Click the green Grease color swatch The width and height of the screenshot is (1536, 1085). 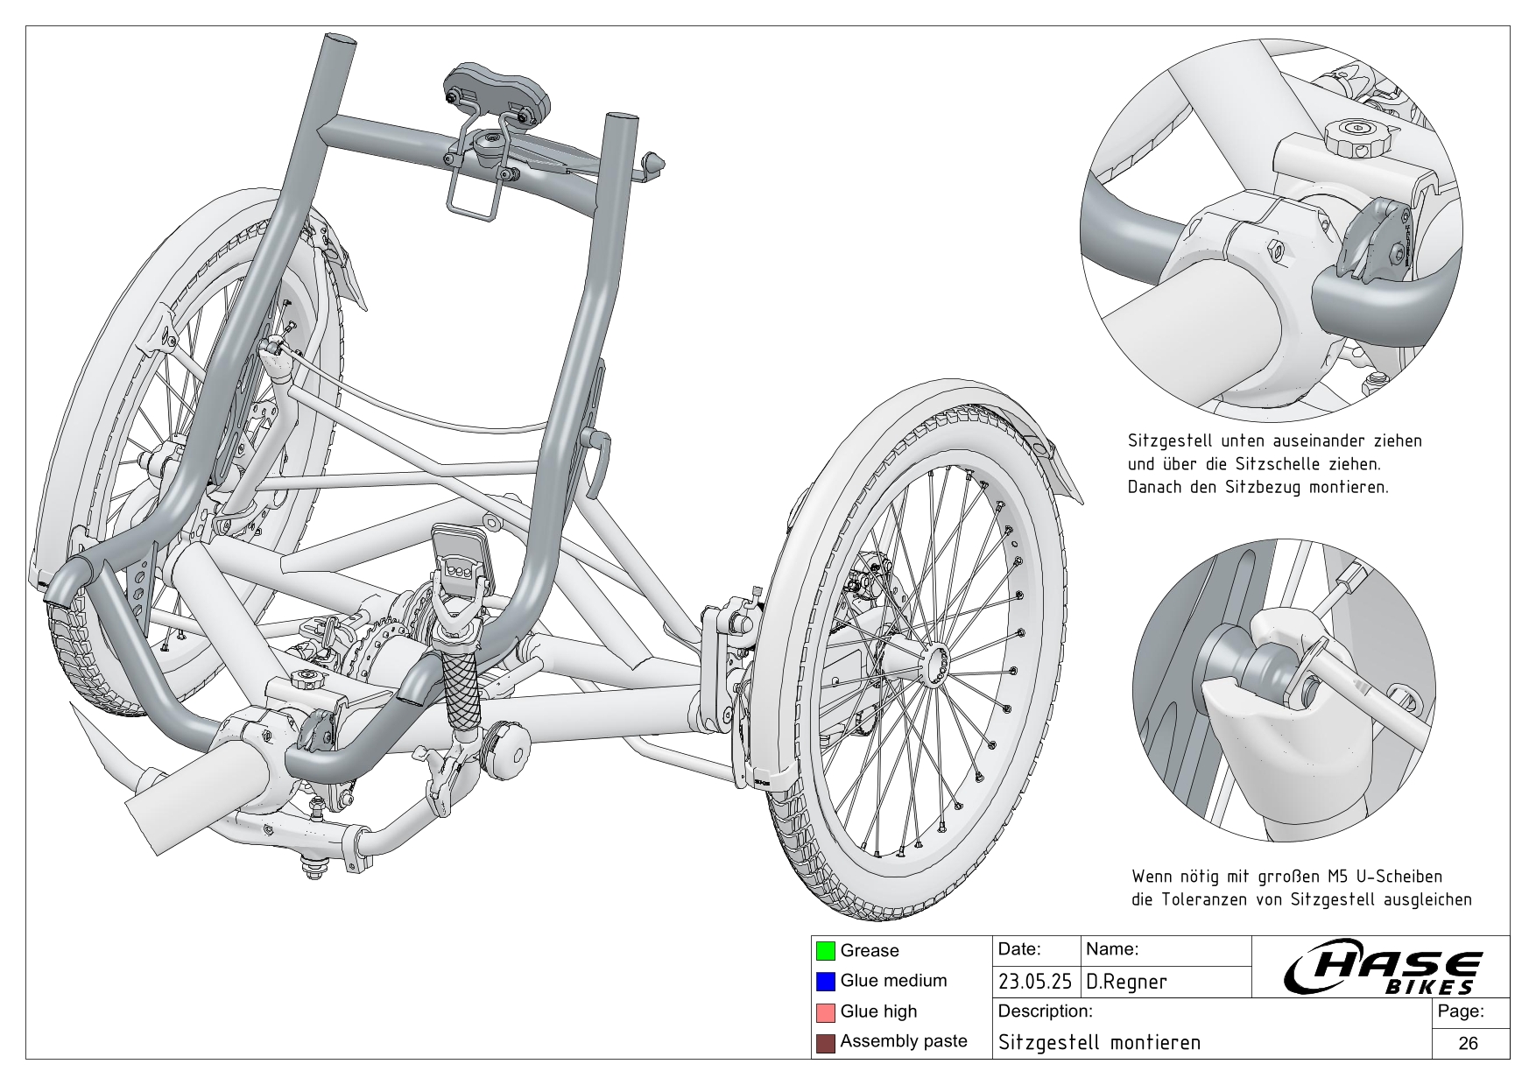825,950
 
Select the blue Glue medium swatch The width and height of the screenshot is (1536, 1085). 825,981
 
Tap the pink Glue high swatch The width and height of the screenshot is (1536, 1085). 825,1011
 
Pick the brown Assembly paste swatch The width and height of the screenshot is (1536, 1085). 825,1042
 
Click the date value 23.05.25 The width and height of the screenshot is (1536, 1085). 1035,982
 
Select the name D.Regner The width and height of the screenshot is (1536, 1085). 1126,982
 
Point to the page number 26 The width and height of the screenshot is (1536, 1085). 1468,1043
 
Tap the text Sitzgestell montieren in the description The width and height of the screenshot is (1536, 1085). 1099,1043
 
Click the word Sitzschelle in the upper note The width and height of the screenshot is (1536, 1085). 1293,464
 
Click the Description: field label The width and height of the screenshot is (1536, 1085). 1045,1011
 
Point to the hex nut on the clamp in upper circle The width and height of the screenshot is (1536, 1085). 1275,251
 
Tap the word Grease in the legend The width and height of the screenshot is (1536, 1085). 869,950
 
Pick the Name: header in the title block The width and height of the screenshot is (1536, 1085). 1111,949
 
